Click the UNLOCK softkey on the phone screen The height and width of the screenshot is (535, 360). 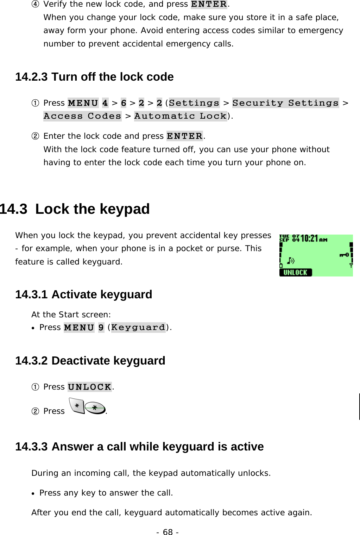(x=295, y=272)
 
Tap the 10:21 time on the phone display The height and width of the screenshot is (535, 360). (x=309, y=239)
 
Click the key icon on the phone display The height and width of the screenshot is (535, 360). (x=344, y=255)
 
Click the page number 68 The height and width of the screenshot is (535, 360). (x=168, y=532)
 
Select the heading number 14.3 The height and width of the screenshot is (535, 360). (x=13, y=209)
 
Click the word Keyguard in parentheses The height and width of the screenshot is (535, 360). (x=138, y=328)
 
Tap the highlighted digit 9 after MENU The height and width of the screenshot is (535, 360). (x=101, y=328)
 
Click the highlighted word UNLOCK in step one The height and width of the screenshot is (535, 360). (x=90, y=387)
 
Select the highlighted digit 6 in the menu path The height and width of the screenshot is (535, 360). (x=124, y=103)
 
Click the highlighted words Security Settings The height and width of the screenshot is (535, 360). (x=285, y=103)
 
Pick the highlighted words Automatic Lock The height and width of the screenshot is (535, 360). (x=181, y=116)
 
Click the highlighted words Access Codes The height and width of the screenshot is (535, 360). (x=82, y=116)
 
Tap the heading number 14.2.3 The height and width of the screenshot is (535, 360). (x=31, y=77)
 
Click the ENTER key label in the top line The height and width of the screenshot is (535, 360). (x=209, y=4)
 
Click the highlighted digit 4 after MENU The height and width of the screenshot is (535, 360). (x=105, y=103)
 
